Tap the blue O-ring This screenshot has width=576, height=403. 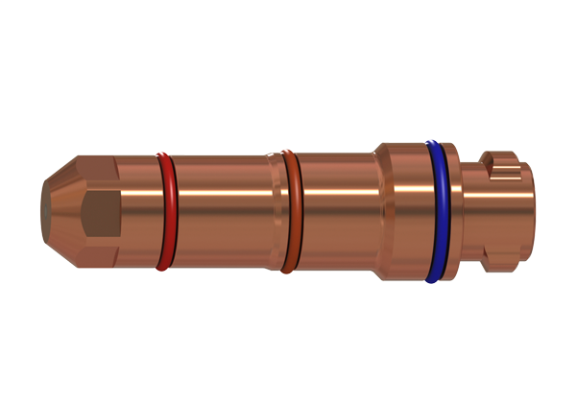pos(438,211)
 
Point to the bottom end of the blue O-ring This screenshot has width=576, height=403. pos(437,278)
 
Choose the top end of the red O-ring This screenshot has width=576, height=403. pos(165,154)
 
